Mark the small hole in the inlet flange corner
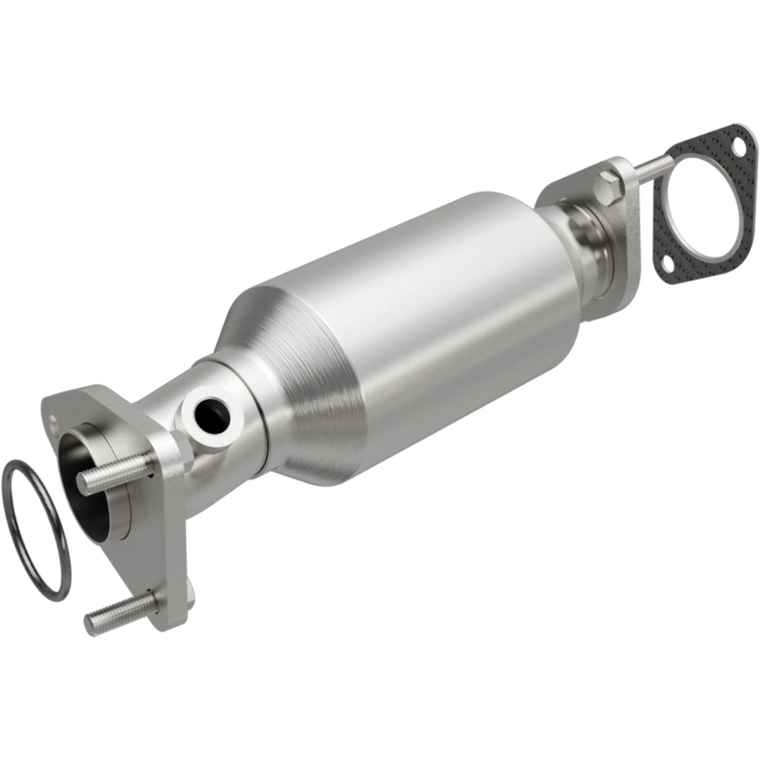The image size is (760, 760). click(x=53, y=416)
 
